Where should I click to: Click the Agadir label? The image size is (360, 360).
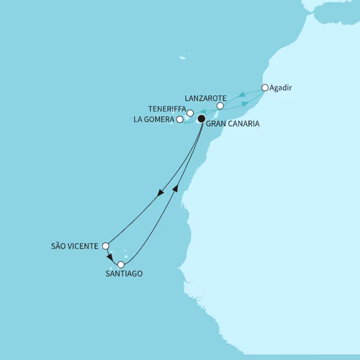click(282, 88)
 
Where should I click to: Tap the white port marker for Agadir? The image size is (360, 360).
click(265, 87)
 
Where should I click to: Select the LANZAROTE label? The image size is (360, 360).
click(205, 97)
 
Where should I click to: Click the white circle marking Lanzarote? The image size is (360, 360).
click(220, 106)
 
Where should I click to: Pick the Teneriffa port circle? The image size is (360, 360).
click(190, 112)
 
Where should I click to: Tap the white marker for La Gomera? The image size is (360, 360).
click(179, 119)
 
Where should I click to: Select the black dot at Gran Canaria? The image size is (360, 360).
click(201, 119)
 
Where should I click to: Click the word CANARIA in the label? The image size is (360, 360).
click(244, 124)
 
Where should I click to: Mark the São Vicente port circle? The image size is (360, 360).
click(105, 246)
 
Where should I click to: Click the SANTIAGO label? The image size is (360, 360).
click(124, 273)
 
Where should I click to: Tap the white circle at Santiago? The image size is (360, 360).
click(120, 264)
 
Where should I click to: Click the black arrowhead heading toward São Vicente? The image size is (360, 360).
click(161, 193)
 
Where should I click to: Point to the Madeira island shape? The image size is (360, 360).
click(183, 57)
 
